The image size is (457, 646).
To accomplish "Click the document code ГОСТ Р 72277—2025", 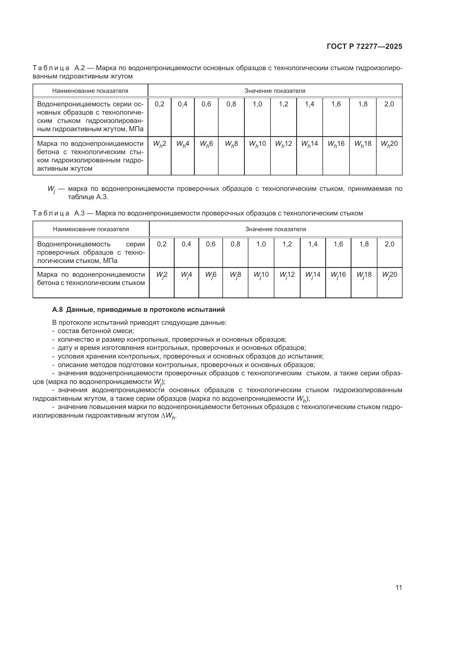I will click(364, 47).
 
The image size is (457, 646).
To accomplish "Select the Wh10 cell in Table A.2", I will click(257, 144).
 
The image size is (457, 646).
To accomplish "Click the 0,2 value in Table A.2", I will click(159, 104).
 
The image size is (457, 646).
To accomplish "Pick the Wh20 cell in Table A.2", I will click(389, 144).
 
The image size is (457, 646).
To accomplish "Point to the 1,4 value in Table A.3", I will click(313, 244).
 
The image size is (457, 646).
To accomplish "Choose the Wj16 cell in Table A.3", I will click(338, 275).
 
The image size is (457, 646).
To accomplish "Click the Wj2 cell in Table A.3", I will click(162, 275).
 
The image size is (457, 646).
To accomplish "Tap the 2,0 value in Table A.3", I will click(390, 244).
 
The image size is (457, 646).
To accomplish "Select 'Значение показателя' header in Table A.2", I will click(275, 91).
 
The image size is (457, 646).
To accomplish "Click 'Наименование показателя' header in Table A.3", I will click(91, 229).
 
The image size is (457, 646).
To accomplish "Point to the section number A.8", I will click(58, 310).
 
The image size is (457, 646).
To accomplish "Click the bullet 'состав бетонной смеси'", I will click(96, 331).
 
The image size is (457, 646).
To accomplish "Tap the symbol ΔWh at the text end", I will click(169, 416).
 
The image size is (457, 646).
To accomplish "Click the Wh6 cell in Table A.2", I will click(206, 144).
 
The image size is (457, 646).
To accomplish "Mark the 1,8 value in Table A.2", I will click(363, 104).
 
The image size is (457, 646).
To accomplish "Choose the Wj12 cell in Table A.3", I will click(287, 275).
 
